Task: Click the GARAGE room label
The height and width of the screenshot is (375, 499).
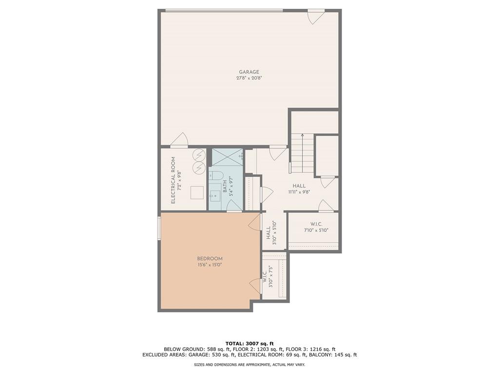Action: [x=249, y=72]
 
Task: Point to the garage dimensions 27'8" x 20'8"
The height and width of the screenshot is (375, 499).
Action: [x=249, y=78]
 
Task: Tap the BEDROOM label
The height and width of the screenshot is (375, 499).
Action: [x=210, y=259]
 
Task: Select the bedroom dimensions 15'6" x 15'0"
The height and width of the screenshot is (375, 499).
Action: [x=210, y=265]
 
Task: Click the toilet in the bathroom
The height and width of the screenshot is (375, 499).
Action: [x=216, y=175]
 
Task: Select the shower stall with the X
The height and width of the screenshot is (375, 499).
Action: [x=227, y=157]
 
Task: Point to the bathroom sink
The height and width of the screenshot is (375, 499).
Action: [x=214, y=196]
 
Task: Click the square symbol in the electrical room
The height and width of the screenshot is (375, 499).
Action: [x=197, y=193]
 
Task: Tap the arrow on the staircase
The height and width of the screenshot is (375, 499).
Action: [x=302, y=136]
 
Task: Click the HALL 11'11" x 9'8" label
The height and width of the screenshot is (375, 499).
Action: [x=299, y=189]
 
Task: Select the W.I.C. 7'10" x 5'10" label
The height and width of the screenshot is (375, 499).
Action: [x=316, y=227]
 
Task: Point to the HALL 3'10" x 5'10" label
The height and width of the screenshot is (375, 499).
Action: [x=271, y=232]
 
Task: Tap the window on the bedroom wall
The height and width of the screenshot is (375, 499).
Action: [x=159, y=229]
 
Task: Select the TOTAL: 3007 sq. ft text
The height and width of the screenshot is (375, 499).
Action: [x=249, y=343]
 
